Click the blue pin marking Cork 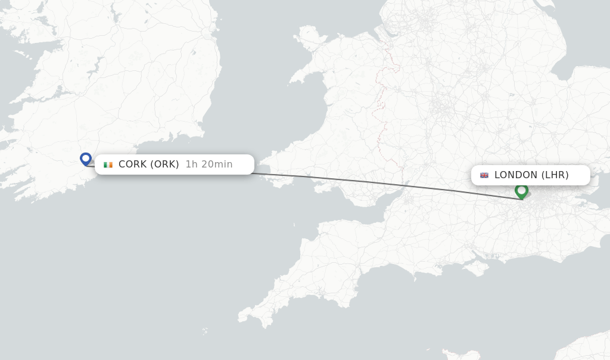tap(86, 159)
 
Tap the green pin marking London tap(522, 191)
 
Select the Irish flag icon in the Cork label tap(108, 165)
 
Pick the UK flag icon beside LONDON tap(484, 175)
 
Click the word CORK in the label tap(132, 164)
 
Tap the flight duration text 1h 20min tap(208, 164)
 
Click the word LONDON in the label tap(516, 175)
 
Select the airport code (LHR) tap(555, 175)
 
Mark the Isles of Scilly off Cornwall tap(205, 331)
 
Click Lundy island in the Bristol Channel tap(294, 225)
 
